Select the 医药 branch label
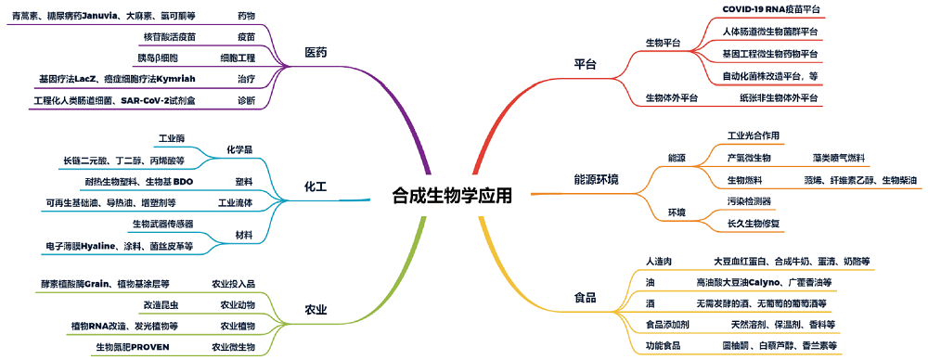click(x=316, y=52)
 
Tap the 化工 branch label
click(x=316, y=187)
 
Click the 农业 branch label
click(x=316, y=310)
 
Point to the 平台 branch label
click(x=585, y=65)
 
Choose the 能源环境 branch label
click(x=597, y=178)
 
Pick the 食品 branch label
click(x=585, y=299)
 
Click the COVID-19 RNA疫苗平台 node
click(x=771, y=9)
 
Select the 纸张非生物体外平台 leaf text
click(x=780, y=97)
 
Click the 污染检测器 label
click(x=749, y=201)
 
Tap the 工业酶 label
click(x=172, y=138)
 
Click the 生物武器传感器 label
click(x=163, y=224)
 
